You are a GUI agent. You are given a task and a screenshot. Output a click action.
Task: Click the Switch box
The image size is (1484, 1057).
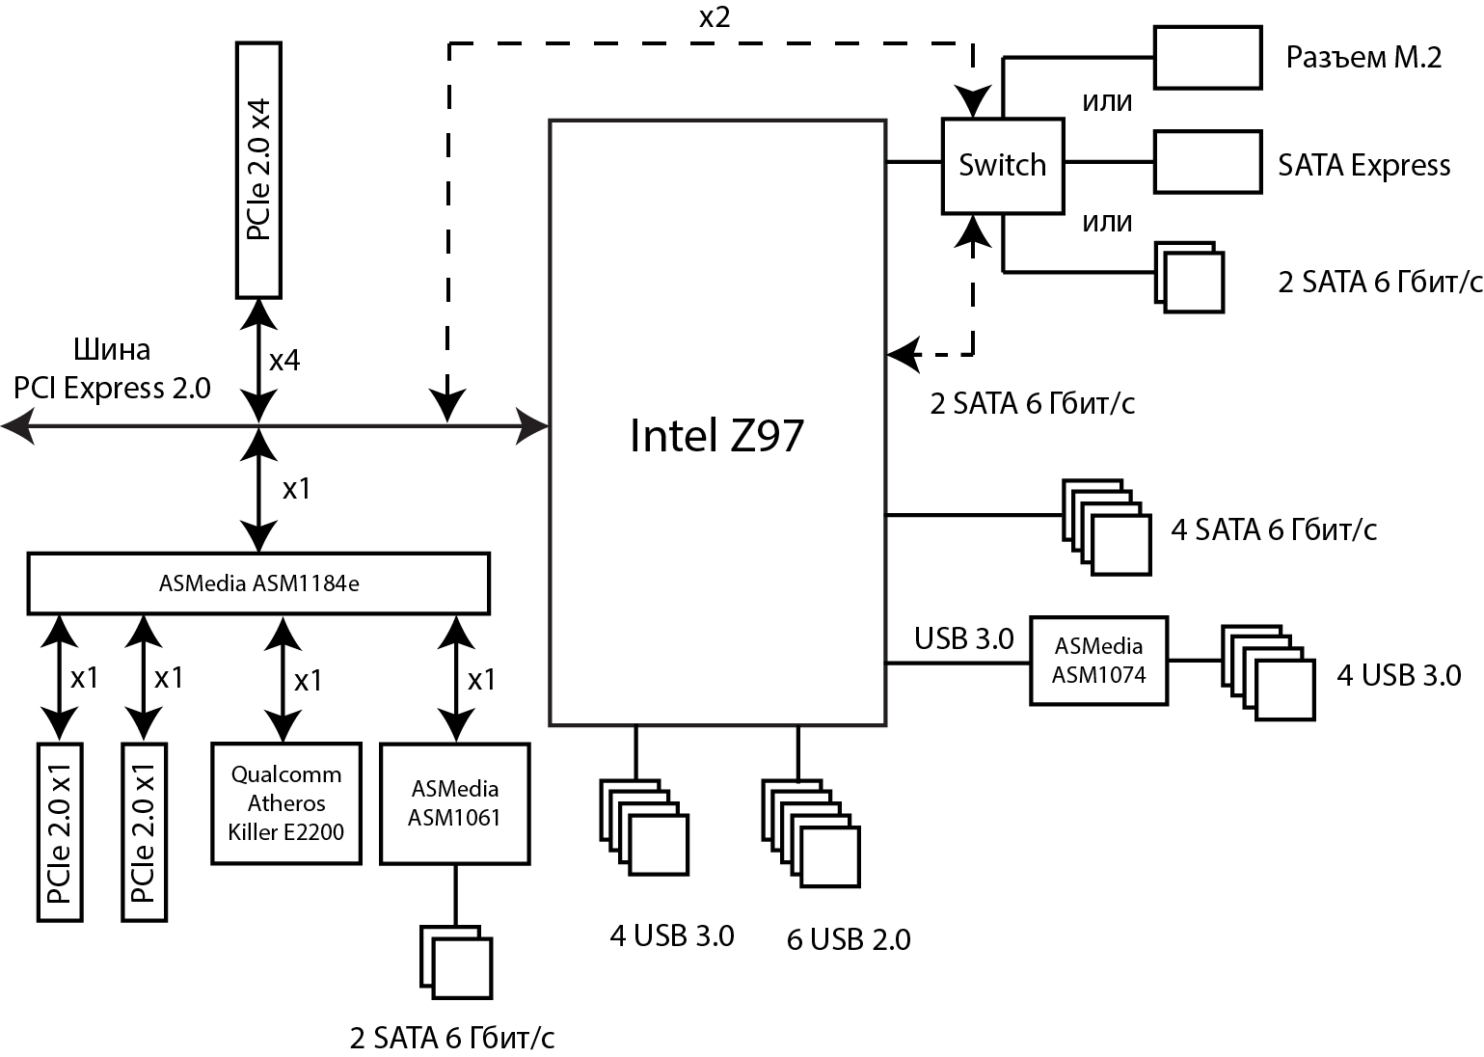(1002, 165)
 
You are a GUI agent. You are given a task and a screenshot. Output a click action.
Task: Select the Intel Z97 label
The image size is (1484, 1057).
(715, 435)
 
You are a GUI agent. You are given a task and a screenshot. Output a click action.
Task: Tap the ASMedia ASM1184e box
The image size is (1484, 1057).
(258, 583)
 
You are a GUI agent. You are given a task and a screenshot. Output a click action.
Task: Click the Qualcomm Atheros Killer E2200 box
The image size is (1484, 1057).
(286, 802)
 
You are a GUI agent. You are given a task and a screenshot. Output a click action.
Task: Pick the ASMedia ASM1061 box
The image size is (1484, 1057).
(455, 802)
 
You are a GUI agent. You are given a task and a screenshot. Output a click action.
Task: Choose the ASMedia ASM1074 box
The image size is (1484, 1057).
(1098, 661)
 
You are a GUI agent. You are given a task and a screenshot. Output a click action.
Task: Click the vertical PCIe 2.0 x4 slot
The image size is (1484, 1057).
(258, 170)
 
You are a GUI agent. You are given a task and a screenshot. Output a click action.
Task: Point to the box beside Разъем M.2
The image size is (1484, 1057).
(1207, 57)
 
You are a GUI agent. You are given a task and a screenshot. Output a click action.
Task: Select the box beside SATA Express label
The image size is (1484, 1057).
(1207, 161)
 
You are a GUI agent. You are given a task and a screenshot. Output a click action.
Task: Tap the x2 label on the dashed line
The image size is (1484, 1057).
(714, 17)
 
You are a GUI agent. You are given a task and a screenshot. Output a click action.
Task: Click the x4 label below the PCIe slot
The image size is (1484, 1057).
(283, 361)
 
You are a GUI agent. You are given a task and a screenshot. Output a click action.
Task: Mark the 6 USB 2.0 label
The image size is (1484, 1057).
(849, 939)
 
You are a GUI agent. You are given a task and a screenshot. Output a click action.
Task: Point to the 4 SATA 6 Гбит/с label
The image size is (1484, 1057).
(1273, 529)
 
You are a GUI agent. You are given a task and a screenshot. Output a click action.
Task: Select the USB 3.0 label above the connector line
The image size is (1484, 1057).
(963, 638)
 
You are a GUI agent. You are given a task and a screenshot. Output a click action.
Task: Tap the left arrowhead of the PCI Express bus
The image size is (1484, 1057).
(17, 424)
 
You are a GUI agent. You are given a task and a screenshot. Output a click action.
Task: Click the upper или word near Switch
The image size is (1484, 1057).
(1106, 101)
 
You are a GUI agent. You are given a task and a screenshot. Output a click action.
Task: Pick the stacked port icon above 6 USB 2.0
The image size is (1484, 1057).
(811, 834)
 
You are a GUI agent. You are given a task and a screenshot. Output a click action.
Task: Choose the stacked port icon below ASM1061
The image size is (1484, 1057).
(456, 962)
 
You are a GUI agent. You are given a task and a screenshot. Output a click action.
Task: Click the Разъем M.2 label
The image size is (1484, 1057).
(1363, 57)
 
